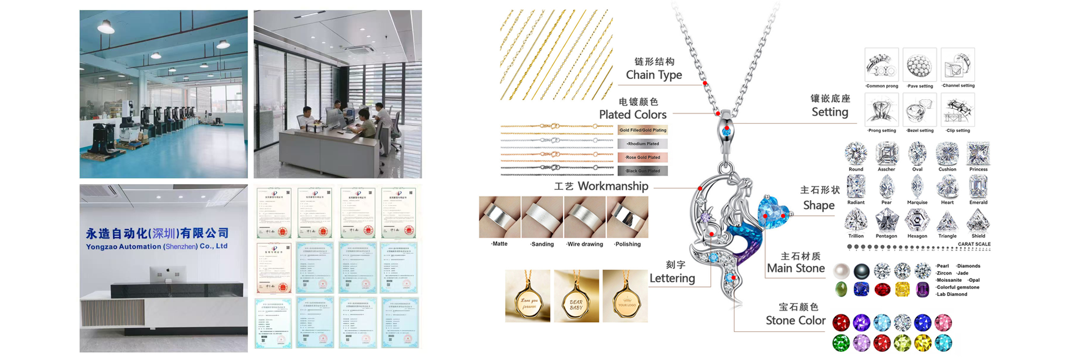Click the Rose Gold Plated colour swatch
click(x=642, y=158)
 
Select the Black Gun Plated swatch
click(x=642, y=171)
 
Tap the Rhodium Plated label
click(x=642, y=144)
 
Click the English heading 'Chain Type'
click(x=653, y=75)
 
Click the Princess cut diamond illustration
click(x=978, y=153)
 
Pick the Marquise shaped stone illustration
click(x=917, y=187)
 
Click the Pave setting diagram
click(x=919, y=65)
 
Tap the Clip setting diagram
click(x=958, y=110)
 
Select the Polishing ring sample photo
click(x=627, y=217)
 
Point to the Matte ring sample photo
click(x=499, y=217)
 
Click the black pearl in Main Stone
click(x=861, y=271)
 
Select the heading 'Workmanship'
click(x=612, y=186)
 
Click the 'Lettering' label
click(x=672, y=278)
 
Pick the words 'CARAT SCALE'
click(x=973, y=244)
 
